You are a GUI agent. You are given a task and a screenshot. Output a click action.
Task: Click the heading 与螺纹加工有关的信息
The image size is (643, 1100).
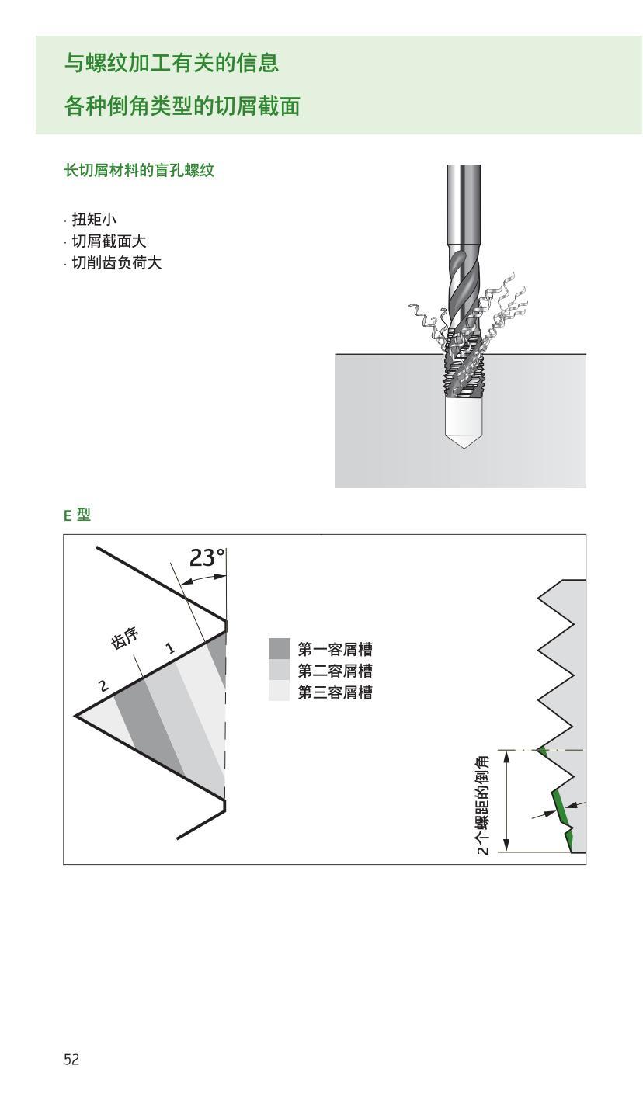point(171,63)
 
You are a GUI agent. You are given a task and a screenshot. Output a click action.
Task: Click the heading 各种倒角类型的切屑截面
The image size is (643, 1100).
point(182,106)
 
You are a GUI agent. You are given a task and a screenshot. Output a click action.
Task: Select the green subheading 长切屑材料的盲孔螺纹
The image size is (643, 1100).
point(139,171)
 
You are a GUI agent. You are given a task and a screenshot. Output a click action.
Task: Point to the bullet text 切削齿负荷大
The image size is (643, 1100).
point(116,263)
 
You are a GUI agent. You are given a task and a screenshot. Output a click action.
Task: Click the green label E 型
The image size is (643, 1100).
point(77,515)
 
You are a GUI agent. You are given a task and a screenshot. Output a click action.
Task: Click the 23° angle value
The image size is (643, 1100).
point(207,558)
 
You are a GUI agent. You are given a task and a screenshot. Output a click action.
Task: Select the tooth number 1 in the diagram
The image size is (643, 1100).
point(170,648)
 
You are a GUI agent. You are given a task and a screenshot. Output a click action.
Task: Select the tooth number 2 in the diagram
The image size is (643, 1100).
point(103,685)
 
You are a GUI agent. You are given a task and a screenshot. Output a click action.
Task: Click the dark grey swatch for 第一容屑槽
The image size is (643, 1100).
point(279,649)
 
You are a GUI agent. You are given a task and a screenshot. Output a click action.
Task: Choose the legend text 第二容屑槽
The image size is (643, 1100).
point(335,671)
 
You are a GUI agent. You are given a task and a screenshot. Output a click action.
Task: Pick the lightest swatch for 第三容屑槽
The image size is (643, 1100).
point(279,692)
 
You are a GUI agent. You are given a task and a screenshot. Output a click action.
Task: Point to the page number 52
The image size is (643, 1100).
point(71,1060)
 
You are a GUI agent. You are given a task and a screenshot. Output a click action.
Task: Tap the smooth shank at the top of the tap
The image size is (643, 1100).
point(463,202)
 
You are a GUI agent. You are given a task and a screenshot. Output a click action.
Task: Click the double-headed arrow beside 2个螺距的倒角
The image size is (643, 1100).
point(506,800)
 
